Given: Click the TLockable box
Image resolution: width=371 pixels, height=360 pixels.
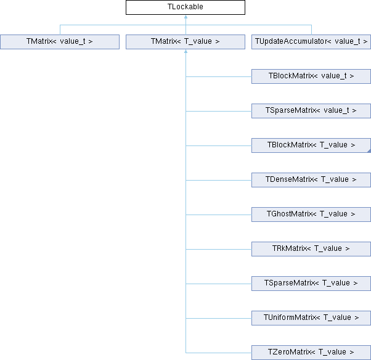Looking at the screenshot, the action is click(x=185, y=7).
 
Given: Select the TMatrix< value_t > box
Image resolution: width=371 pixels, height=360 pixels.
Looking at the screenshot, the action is click(x=60, y=42).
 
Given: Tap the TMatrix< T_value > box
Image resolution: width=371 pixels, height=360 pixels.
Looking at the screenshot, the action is click(x=185, y=42).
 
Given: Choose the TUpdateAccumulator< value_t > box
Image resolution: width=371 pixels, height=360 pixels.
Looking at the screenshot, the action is click(x=311, y=42).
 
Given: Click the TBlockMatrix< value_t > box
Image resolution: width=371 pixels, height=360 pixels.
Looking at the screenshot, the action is click(x=311, y=76).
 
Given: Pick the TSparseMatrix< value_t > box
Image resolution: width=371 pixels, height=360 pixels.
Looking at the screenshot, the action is click(x=311, y=111).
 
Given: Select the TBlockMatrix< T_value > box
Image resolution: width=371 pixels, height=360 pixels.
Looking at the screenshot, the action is click(x=311, y=145).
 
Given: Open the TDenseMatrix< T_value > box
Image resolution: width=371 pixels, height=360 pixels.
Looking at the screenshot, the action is click(x=311, y=180).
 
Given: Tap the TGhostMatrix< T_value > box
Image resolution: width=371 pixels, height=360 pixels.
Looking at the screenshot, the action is click(x=311, y=215).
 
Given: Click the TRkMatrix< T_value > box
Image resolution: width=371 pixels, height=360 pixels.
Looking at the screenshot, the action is click(x=311, y=249).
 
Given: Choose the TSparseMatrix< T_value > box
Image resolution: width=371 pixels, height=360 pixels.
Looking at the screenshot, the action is click(x=311, y=284).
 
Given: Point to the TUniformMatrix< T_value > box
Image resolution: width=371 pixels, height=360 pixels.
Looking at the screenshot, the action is click(x=311, y=318).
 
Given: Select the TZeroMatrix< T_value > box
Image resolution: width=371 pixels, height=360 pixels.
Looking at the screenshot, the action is click(x=311, y=353).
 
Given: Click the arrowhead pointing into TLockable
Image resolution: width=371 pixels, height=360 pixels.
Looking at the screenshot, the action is click(x=185, y=17).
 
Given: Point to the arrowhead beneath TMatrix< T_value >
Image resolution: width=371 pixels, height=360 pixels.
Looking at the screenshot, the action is click(x=185, y=52).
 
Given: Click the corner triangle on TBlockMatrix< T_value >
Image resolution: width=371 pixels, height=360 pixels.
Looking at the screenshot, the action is click(x=369, y=151).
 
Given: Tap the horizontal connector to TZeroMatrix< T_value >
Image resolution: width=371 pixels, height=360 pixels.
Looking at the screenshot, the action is click(x=219, y=353).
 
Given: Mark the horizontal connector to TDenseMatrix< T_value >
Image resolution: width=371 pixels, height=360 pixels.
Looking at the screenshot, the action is click(x=219, y=181).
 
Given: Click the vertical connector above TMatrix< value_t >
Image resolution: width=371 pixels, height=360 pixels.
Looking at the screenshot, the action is click(x=60, y=30).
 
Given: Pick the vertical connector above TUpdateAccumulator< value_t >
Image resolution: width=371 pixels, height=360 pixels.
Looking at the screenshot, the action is click(x=311, y=30).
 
